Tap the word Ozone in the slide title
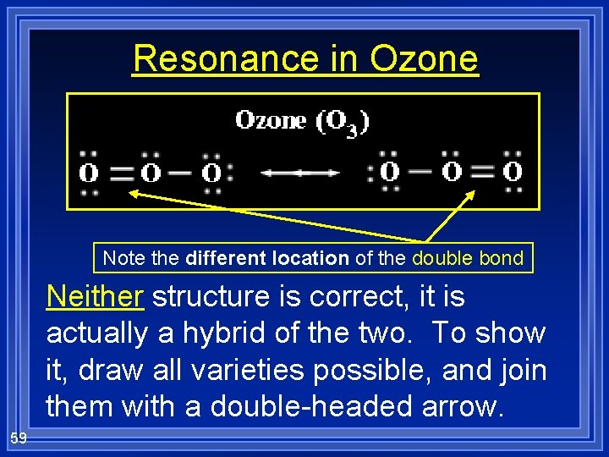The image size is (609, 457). click(424, 59)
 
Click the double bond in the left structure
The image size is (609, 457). click(121, 173)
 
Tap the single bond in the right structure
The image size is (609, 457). click(420, 172)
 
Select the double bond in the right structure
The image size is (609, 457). click(482, 172)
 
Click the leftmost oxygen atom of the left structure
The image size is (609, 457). click(89, 173)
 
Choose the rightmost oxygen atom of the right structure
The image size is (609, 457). click(513, 172)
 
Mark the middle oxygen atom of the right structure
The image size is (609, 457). click(452, 172)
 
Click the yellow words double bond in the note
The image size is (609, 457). click(468, 258)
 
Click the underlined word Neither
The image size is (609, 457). click(96, 298)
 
